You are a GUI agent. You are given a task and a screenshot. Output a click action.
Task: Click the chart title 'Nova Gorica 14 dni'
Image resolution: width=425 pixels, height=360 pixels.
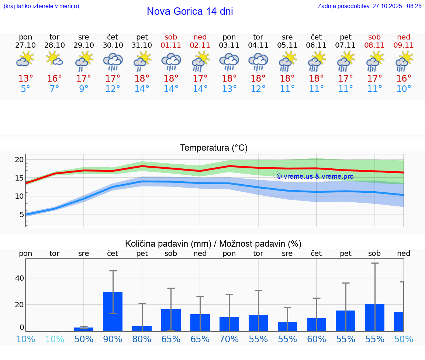190,11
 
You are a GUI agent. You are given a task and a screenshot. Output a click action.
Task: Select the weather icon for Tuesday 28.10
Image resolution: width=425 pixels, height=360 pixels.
55,59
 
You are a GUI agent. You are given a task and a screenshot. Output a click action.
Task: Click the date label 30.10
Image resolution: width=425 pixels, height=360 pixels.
113,45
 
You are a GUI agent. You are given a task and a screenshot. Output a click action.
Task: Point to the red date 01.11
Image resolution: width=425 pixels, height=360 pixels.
171,45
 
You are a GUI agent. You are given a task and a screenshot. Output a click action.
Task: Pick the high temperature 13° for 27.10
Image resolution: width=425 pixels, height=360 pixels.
25,79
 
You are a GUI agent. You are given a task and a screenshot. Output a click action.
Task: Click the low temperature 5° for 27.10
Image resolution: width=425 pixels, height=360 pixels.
25,89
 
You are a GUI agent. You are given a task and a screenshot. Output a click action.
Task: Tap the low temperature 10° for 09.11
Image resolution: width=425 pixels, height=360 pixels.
404,89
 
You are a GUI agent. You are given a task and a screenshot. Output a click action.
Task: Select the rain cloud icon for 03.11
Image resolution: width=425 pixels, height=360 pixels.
229,61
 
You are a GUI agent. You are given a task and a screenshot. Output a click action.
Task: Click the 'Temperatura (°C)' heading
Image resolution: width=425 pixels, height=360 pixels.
214,148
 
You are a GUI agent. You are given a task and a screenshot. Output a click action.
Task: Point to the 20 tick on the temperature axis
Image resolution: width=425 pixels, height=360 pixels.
19,160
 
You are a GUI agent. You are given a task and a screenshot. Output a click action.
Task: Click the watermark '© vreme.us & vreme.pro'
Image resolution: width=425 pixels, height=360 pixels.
315,176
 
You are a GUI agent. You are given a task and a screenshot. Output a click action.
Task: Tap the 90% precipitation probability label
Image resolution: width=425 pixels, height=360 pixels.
113,339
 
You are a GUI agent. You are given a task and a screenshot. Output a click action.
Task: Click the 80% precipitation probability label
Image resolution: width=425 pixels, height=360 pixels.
142,339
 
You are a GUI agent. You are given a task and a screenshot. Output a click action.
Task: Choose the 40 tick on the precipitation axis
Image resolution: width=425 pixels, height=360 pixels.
19,278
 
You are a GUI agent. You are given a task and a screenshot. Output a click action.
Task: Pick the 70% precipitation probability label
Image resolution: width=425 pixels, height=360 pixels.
229,339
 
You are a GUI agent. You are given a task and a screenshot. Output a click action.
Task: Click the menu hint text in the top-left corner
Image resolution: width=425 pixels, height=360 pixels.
41,6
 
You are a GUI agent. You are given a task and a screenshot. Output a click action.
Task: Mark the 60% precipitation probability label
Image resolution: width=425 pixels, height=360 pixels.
317,339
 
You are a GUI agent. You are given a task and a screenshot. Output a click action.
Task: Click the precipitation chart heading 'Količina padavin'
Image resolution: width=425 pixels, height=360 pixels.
168,244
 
